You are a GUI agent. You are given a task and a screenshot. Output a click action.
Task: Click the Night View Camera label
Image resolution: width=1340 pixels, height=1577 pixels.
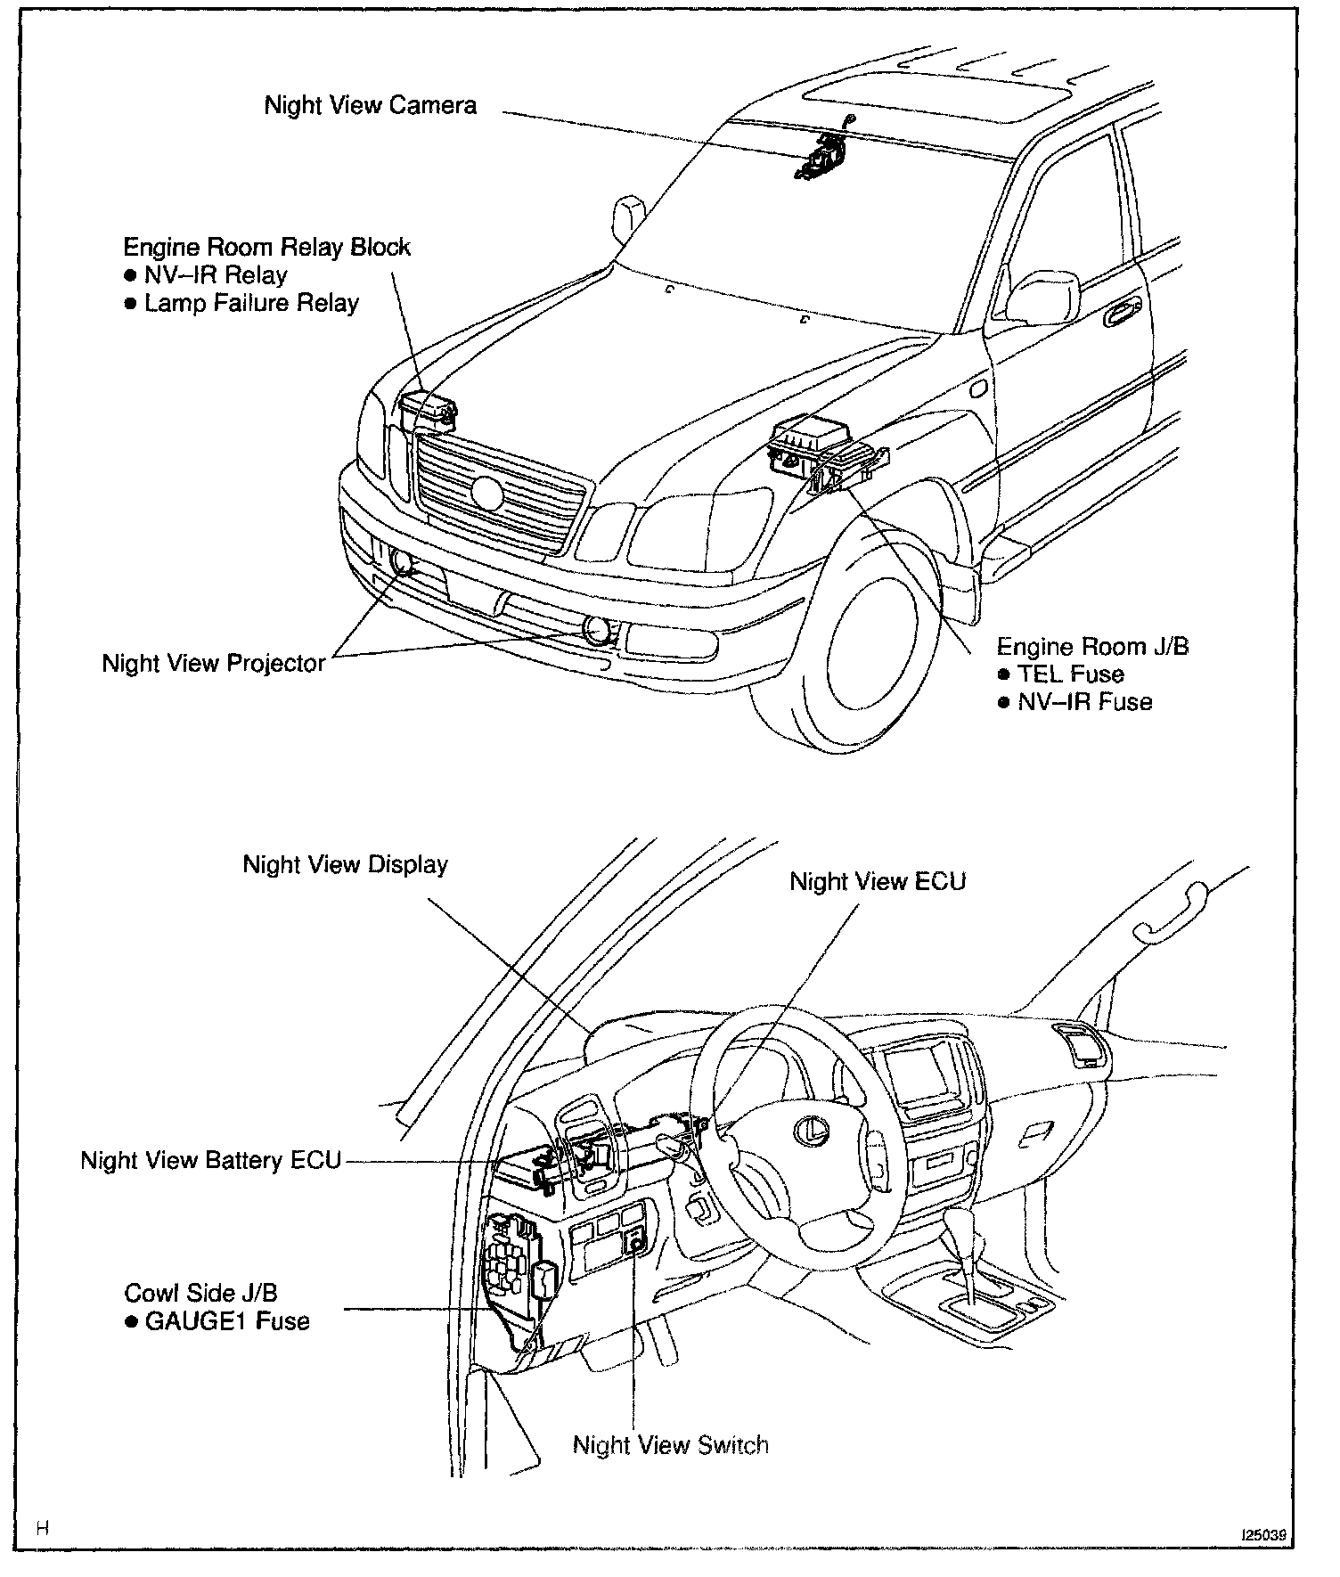[370, 106]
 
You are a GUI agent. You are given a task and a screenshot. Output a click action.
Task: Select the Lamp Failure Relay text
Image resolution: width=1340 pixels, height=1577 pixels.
[251, 304]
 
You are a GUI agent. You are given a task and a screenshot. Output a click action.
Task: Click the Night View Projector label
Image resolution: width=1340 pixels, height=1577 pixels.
[214, 664]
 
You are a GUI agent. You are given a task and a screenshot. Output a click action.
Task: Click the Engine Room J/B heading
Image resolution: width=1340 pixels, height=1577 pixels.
[1092, 647]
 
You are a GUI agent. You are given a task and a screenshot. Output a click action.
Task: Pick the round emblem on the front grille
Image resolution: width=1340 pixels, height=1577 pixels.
[487, 493]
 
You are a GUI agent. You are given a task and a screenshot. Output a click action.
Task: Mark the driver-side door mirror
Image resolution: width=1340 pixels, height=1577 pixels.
[1040, 298]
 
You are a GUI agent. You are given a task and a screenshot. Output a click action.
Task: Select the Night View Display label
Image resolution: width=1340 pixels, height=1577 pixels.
[346, 865]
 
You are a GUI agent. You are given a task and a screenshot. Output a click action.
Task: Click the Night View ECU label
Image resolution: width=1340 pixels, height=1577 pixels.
[878, 882]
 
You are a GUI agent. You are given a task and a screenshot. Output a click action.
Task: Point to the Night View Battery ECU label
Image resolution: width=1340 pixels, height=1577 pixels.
[211, 1161]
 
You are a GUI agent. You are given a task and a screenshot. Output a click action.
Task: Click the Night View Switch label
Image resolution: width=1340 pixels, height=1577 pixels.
[670, 1445]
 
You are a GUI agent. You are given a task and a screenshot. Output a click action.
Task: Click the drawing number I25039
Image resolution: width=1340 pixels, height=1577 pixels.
[1265, 1536]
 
